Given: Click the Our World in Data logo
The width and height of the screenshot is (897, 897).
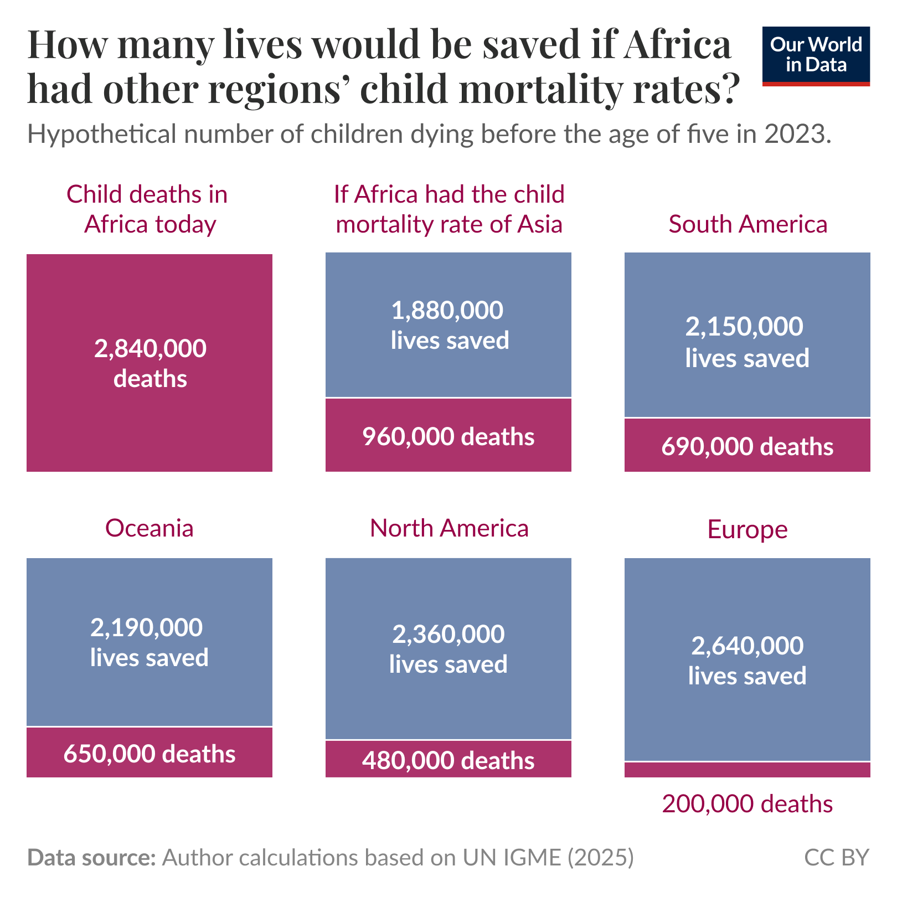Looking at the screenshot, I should click(816, 56).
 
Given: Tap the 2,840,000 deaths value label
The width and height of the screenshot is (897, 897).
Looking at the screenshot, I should click(150, 364).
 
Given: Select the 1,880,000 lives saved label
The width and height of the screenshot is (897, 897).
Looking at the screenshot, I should click(449, 325).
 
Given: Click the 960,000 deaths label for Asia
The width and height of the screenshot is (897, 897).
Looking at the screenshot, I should click(448, 437).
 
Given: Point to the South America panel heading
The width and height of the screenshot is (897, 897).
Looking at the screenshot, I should click(747, 224).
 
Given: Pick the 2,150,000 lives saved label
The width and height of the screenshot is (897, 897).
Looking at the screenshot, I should click(747, 342).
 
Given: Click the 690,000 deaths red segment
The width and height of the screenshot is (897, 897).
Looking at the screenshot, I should click(747, 446).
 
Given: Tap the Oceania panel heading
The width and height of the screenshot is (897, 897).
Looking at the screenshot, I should click(149, 528).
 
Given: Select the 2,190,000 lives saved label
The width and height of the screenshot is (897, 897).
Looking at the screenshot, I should click(149, 642).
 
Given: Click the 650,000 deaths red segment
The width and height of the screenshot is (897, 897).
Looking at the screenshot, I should click(149, 754).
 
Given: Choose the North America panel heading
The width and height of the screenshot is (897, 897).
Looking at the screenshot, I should click(449, 528).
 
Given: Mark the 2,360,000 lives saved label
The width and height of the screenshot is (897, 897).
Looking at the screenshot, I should click(448, 649).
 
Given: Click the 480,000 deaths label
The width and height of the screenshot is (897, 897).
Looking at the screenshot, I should click(448, 761).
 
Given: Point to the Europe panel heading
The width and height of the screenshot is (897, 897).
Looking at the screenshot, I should click(747, 529).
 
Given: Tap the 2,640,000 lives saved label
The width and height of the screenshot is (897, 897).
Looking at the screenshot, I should click(747, 661).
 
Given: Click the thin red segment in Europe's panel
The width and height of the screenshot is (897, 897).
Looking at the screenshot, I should click(747, 770).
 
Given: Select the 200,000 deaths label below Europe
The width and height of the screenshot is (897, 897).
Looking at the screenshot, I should click(747, 804).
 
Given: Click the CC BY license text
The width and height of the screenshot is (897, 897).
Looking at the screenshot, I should click(836, 858).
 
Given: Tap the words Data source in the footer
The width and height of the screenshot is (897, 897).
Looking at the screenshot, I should click(91, 858).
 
